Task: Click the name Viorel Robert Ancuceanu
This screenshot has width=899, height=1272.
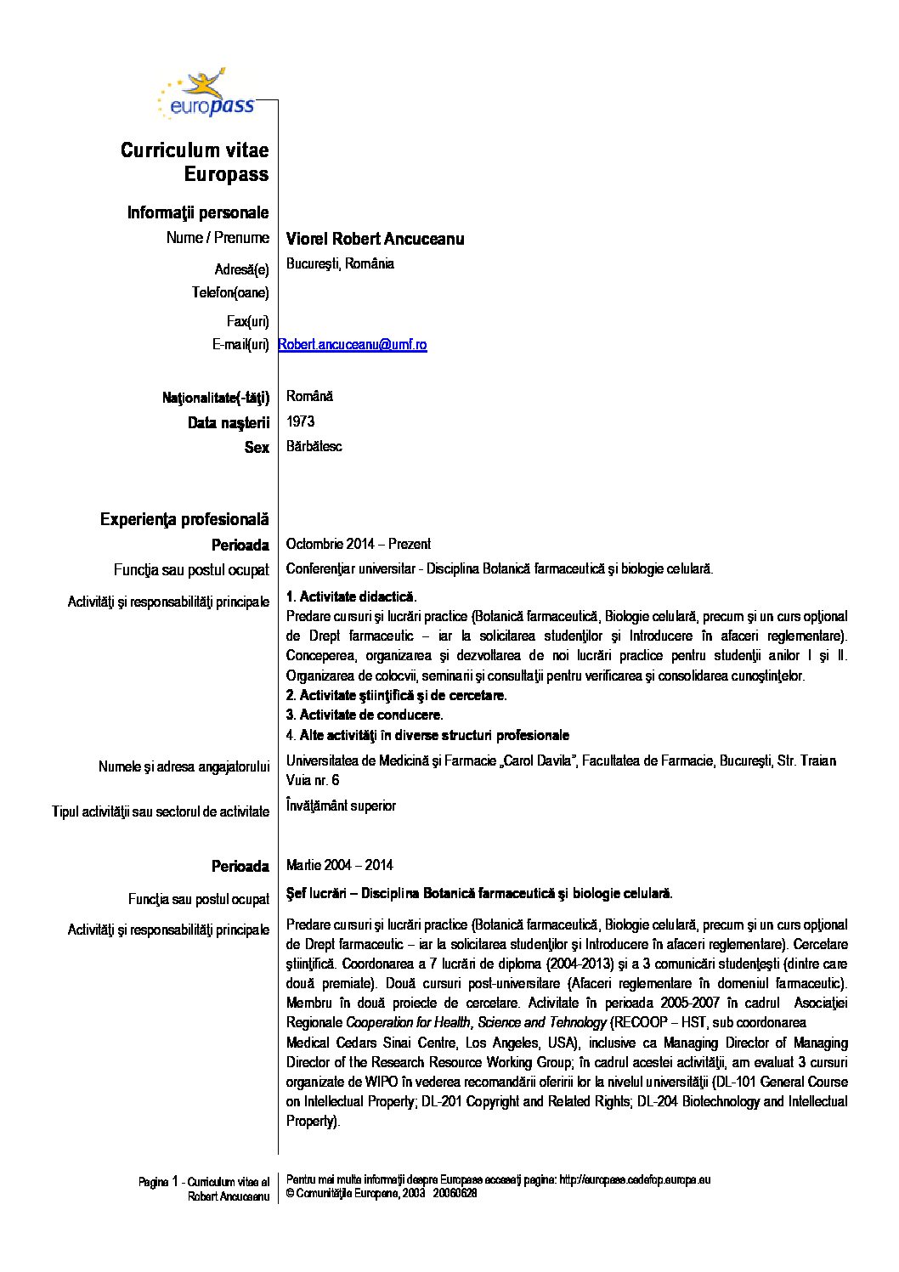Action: click(375, 239)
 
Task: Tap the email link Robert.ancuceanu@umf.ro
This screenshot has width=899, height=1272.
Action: click(353, 344)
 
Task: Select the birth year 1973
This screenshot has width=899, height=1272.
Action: click(300, 421)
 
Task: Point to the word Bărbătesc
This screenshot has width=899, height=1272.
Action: click(314, 447)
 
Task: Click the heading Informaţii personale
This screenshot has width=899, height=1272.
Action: click(198, 212)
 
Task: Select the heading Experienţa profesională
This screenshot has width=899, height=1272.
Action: click(184, 519)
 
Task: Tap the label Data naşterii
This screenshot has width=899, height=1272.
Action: click(229, 422)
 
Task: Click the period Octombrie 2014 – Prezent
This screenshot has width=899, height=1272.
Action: click(358, 544)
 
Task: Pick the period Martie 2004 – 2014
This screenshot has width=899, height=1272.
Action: click(339, 865)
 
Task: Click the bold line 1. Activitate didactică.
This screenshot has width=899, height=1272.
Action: click(351, 596)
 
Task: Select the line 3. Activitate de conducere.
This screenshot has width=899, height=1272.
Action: click(364, 715)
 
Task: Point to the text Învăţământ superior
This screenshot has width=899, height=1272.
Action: click(341, 806)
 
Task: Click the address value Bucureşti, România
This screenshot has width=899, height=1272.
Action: click(340, 263)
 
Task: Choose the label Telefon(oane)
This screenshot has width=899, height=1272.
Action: click(230, 293)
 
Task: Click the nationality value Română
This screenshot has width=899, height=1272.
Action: click(309, 396)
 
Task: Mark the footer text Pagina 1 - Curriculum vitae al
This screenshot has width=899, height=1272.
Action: click(204, 1182)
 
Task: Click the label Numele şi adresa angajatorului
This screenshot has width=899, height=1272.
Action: click(184, 766)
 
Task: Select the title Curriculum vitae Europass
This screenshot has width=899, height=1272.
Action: click(195, 162)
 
